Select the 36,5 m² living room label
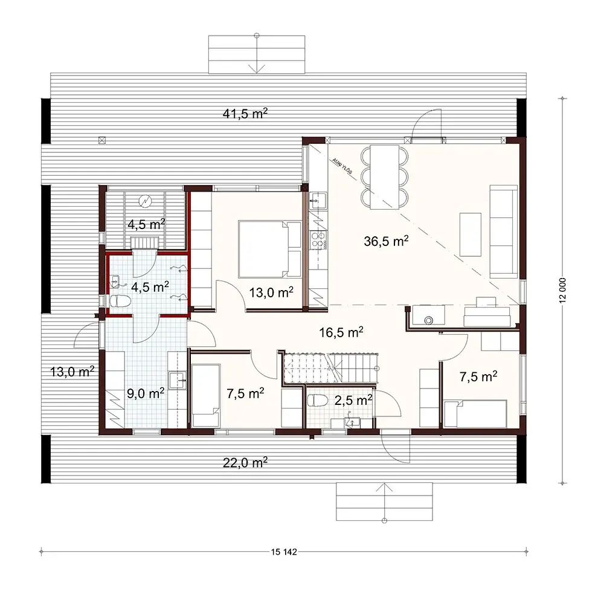coord(386,242)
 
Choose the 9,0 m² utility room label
coord(145,393)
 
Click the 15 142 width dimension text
coord(284,551)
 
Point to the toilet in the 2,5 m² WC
coord(317,400)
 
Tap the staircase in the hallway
coord(329,366)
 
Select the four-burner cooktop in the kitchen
coord(318,241)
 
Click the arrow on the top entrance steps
coord(258,60)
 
